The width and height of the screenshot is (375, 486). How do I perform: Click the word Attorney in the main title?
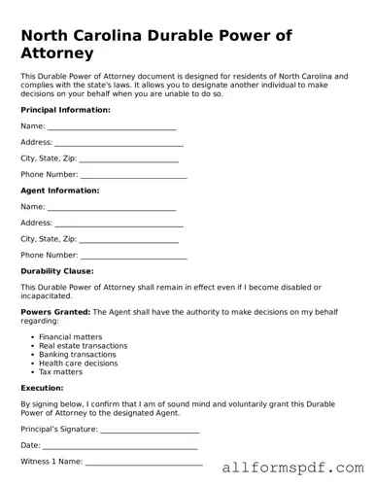click(x=57, y=53)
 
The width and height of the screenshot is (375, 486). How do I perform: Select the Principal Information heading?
click(x=65, y=110)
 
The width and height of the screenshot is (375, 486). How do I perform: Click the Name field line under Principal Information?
click(x=112, y=127)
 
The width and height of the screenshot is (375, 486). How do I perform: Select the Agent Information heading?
click(x=60, y=191)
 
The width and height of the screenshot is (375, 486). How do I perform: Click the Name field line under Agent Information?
click(x=112, y=208)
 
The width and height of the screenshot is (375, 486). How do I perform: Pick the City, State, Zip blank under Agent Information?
click(x=129, y=239)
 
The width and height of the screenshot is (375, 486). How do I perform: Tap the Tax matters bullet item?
click(x=61, y=372)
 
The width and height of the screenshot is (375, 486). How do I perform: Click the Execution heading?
click(x=42, y=387)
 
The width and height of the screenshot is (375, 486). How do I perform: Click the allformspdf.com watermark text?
click(x=292, y=467)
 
